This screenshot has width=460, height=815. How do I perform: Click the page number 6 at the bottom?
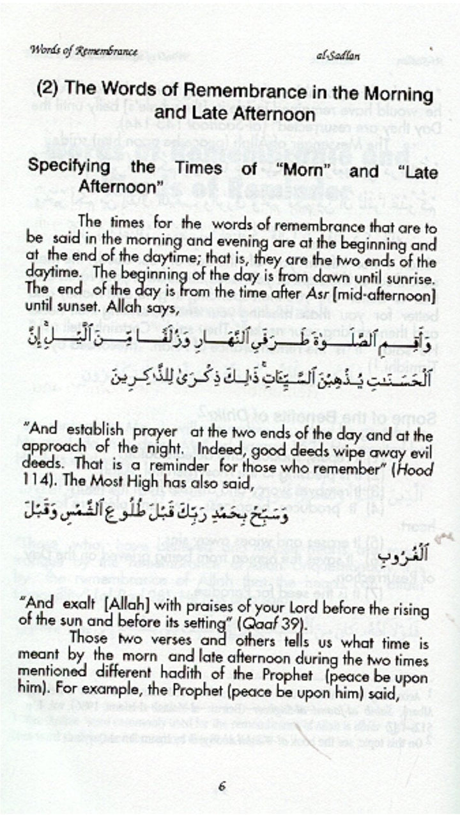221,786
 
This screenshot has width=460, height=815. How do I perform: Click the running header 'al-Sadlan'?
338,56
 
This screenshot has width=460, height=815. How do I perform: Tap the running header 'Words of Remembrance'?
83,51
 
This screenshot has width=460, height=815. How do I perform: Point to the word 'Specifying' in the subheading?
67,168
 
